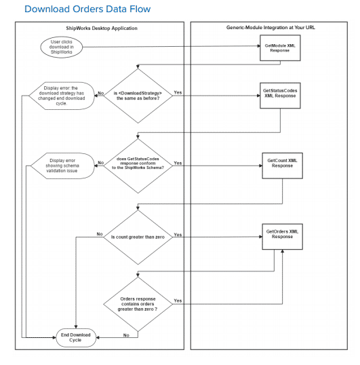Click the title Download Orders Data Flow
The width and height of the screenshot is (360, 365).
coord(87,9)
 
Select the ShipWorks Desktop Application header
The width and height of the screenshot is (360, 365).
coord(99,28)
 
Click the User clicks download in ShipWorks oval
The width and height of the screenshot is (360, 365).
coord(62,47)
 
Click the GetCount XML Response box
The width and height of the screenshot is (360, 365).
coord(281,165)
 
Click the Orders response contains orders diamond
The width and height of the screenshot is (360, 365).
coord(138,303)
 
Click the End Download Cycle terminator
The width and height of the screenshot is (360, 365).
coord(75,337)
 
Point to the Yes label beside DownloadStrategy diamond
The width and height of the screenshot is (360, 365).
coord(178,92)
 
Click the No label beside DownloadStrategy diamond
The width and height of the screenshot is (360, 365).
coord(100,93)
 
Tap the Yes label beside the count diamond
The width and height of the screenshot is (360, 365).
coord(178,235)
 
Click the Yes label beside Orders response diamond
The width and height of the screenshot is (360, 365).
coord(178,300)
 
